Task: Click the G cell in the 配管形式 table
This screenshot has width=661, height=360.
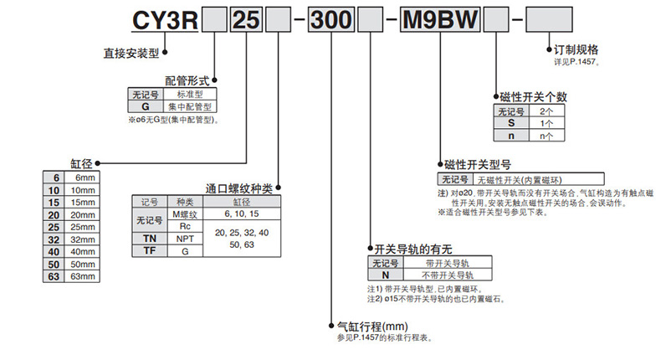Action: point(145,107)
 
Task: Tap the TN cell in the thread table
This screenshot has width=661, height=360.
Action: point(149,239)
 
